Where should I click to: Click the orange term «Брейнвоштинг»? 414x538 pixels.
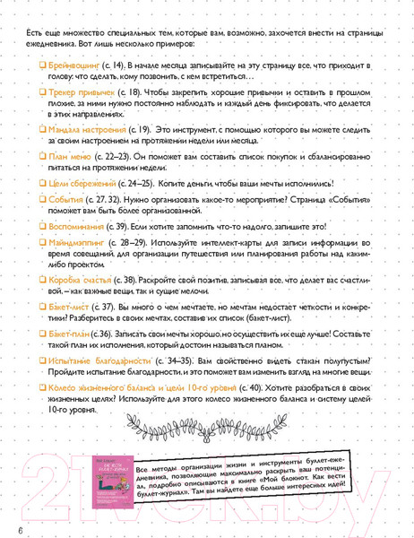[x=76, y=66]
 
